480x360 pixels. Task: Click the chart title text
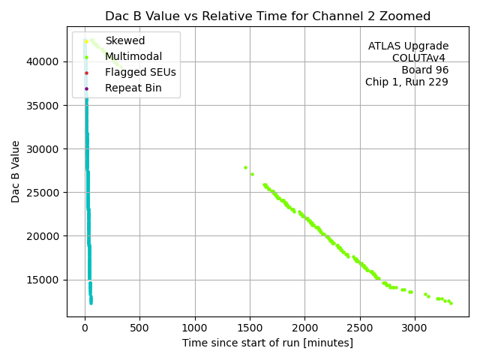[268, 16]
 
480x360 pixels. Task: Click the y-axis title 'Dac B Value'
[16, 171]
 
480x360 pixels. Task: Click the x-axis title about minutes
[268, 343]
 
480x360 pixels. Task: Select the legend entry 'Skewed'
[125, 40]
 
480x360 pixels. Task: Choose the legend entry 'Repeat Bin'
[133, 88]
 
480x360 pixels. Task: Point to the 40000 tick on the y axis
[47, 61]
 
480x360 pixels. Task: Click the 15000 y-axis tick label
[47, 280]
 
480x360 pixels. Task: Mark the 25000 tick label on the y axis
[47, 193]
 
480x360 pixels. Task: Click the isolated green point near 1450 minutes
[245, 167]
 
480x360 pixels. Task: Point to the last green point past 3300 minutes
[451, 303]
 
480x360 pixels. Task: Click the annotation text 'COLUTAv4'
[418, 58]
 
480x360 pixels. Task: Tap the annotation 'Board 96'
[424, 70]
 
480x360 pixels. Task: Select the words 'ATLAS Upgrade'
[409, 46]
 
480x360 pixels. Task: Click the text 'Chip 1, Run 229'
[406, 82]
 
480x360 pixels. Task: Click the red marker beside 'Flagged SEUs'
[86, 73]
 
